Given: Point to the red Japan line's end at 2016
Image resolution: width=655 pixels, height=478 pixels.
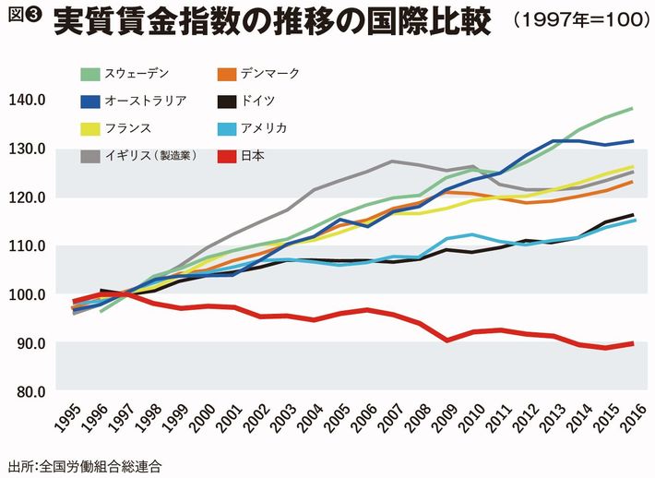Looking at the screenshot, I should point(632,343).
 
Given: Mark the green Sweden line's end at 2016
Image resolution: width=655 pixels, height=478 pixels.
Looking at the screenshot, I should point(632,108).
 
